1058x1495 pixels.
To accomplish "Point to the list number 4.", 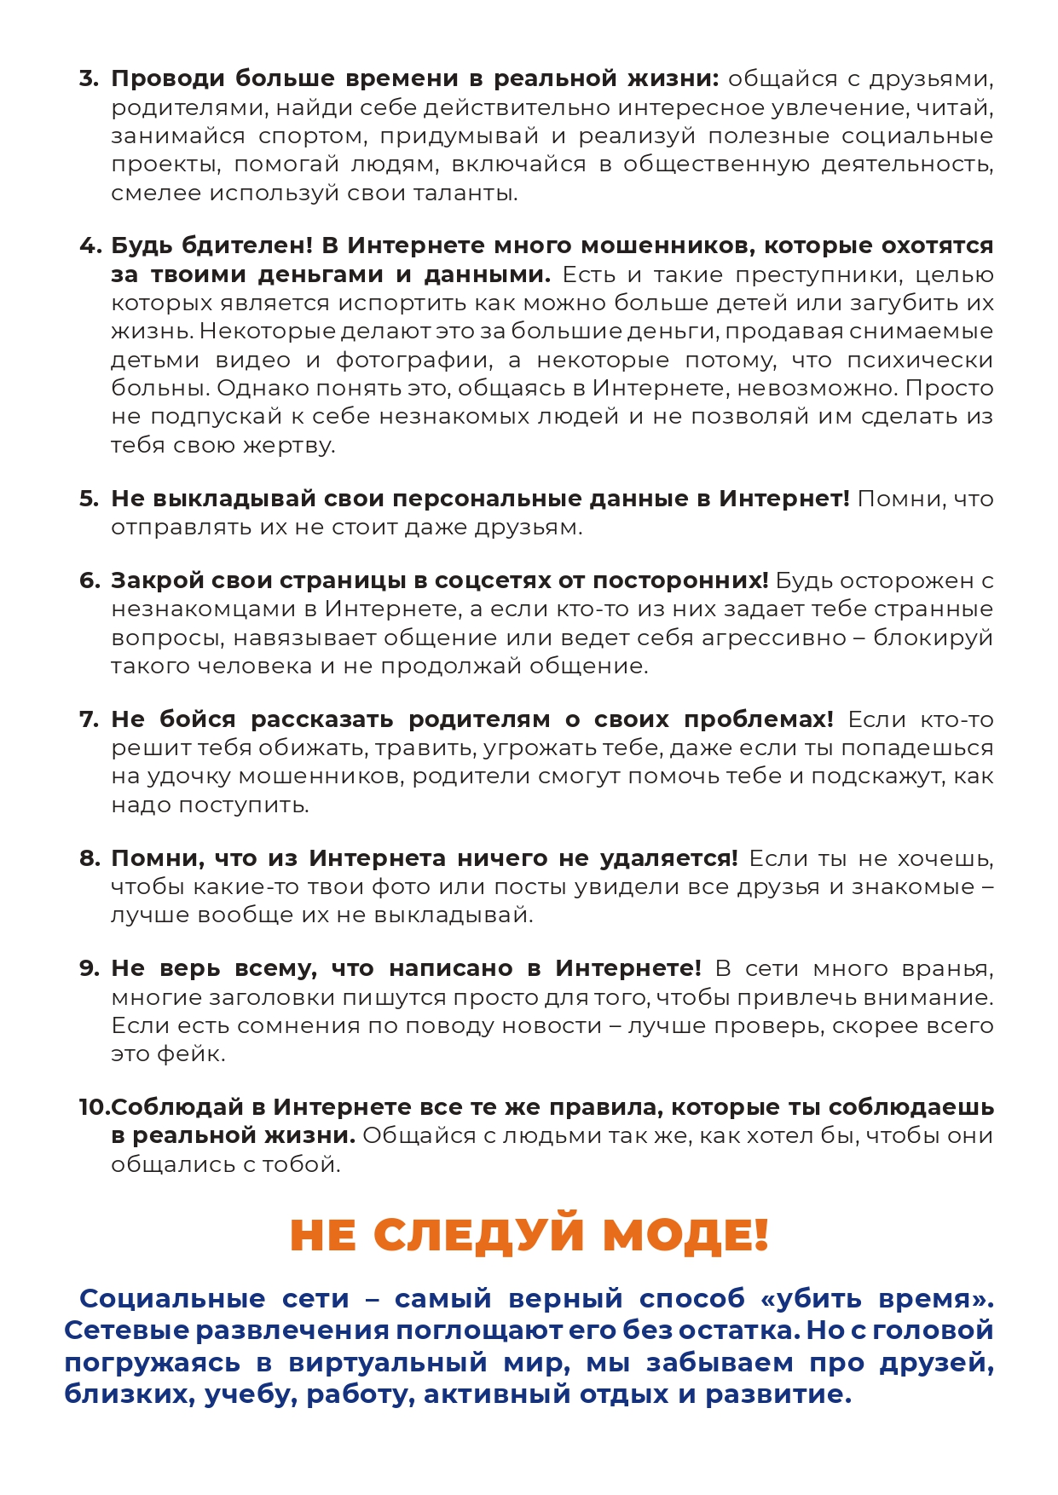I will point(89,246).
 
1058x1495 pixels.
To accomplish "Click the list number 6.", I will point(88,581).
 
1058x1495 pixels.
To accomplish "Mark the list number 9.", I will point(88,969).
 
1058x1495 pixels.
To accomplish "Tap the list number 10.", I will point(94,1108).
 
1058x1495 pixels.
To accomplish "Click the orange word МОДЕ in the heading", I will point(685,1235).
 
